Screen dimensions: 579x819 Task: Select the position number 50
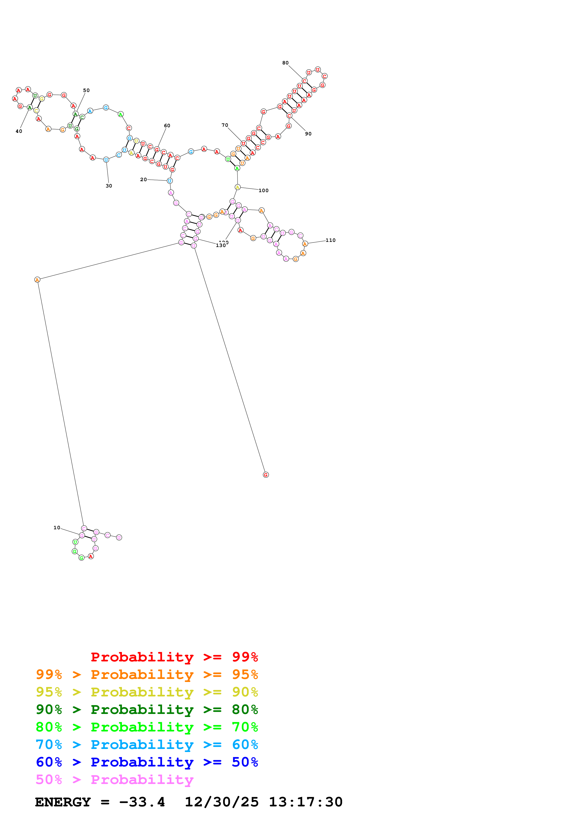tap(86, 90)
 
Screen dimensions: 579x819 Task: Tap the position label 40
tap(19, 131)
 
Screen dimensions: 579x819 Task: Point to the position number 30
tap(109, 186)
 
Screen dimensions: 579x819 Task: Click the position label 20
tap(143, 180)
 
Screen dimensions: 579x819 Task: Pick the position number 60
tap(167, 126)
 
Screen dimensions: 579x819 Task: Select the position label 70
tap(225, 125)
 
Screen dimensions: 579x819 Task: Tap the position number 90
tap(308, 134)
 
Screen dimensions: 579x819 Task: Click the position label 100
tap(264, 191)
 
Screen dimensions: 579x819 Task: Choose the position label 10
tap(57, 528)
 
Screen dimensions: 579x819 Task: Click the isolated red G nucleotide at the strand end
tap(265, 475)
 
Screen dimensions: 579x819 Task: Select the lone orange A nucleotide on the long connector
tap(37, 280)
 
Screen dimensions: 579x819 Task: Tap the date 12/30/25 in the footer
tap(222, 802)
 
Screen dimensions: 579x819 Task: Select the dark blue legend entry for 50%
tap(147, 762)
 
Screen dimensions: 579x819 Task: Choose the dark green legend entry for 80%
tap(147, 710)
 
